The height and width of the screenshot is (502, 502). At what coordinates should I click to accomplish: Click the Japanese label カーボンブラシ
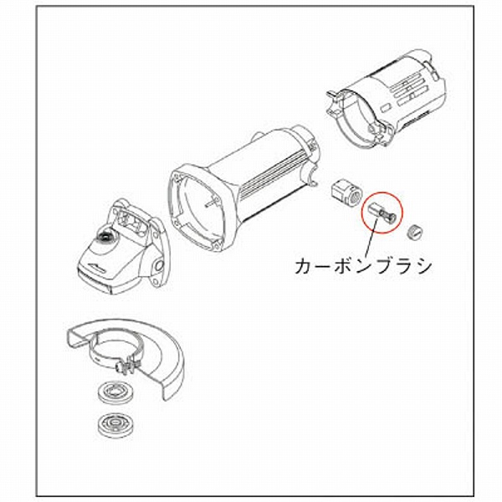[363, 266]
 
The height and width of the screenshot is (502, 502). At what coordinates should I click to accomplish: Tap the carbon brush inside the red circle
[382, 213]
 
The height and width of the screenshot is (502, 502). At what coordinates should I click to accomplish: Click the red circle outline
[363, 213]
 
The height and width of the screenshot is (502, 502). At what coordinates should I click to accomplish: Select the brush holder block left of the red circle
[346, 192]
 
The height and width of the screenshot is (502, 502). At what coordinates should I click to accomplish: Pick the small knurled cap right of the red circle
[415, 232]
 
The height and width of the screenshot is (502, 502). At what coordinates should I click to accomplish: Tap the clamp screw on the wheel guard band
[128, 367]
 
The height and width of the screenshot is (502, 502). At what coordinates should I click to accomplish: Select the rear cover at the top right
[386, 100]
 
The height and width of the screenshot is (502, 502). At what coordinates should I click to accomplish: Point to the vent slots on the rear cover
[410, 90]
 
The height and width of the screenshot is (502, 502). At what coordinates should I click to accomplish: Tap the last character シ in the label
[423, 267]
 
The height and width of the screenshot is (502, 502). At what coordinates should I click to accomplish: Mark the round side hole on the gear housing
[159, 265]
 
